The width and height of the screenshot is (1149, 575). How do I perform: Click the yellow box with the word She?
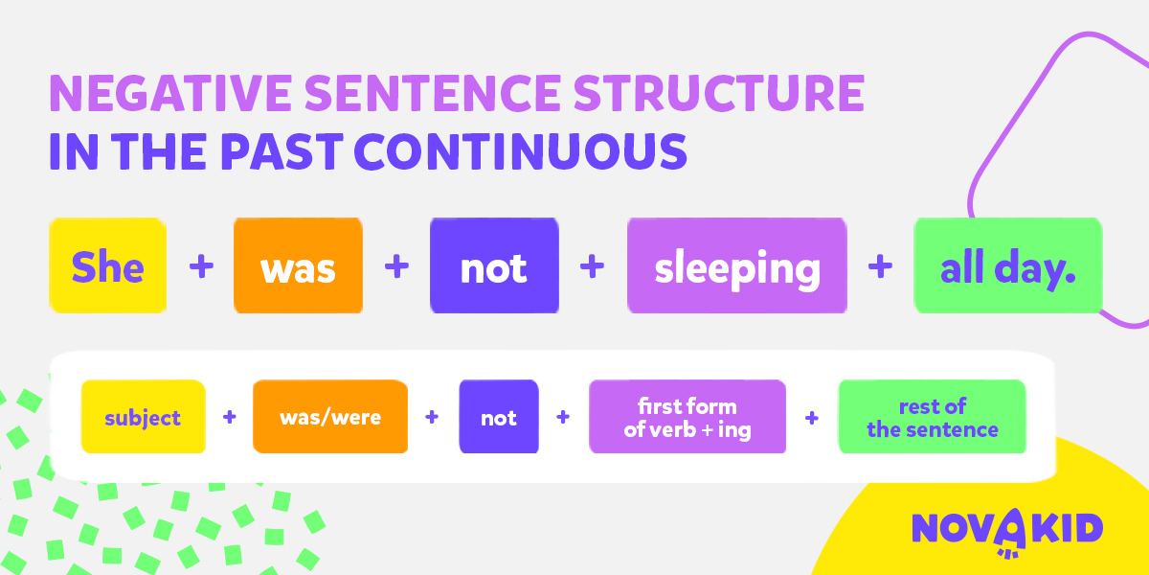(107, 265)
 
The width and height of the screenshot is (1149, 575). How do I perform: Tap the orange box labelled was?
(298, 265)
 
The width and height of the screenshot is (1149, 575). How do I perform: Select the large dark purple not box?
(494, 265)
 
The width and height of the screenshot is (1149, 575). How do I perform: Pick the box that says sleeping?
(737, 265)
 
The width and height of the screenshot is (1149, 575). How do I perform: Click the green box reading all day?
(1008, 265)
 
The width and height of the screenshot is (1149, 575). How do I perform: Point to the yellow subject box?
(143, 416)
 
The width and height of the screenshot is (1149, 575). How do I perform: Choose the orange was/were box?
(330, 416)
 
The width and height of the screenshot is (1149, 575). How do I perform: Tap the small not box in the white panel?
(499, 416)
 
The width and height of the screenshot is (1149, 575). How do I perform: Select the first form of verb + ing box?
(687, 416)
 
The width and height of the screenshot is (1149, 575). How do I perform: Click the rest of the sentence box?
(933, 416)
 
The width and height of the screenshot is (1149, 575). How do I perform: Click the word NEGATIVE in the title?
(170, 93)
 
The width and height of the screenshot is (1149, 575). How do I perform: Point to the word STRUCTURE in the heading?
(719, 93)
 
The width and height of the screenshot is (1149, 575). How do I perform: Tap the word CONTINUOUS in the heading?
(520, 151)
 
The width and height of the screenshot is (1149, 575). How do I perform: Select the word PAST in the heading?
(282, 151)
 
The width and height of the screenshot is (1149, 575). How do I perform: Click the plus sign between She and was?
(201, 266)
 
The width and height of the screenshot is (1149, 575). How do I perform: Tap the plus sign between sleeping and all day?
(880, 266)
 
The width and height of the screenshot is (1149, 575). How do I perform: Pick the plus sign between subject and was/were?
(229, 416)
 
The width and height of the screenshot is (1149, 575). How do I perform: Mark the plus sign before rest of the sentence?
(812, 418)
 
